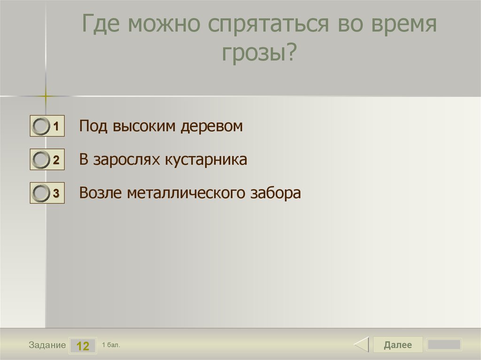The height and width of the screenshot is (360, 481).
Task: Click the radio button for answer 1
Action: pyautogui.click(x=42, y=127)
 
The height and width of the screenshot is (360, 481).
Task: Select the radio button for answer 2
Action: pyautogui.click(x=42, y=160)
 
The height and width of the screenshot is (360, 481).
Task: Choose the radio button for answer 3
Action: pyautogui.click(x=42, y=193)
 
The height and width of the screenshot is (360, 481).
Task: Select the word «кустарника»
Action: pyautogui.click(x=206, y=160)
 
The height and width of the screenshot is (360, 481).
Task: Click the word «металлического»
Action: pyautogui.click(x=184, y=193)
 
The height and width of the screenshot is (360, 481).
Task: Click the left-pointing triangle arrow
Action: pyautogui.click(x=361, y=345)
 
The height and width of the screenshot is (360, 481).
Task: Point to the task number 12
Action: pyautogui.click(x=83, y=346)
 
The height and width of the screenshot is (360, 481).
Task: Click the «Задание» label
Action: pyautogui.click(x=47, y=345)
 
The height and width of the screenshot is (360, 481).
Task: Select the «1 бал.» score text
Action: pyautogui.click(x=111, y=345)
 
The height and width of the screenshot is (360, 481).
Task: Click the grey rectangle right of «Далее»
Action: pyautogui.click(x=443, y=345)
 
